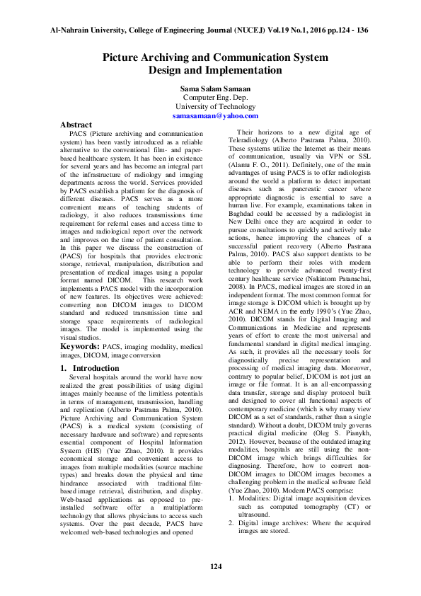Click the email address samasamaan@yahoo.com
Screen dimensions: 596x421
point(215,115)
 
